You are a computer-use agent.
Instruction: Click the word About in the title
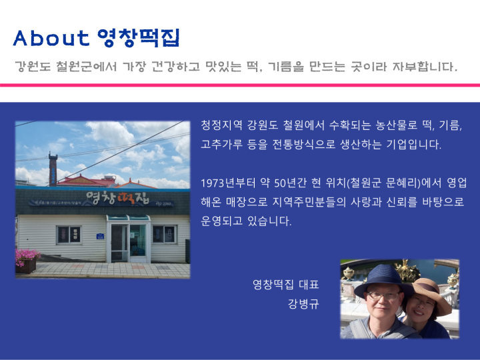pos(51,38)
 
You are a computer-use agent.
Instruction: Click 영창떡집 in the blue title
pos(139,38)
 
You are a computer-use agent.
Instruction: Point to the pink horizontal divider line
pos(240,85)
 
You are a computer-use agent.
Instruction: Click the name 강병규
pos(303,304)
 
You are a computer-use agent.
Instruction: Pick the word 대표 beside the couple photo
pos(309,285)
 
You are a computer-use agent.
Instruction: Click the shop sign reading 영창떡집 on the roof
pos(117,198)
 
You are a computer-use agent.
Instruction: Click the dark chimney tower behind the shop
pos(53,169)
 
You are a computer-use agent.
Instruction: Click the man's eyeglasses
pos(383,296)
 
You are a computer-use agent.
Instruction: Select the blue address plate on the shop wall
pos(100,236)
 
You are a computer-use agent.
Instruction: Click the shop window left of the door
pos(69,235)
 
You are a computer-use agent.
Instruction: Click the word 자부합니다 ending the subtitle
pos(425,66)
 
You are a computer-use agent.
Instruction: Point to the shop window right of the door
pos(165,234)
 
